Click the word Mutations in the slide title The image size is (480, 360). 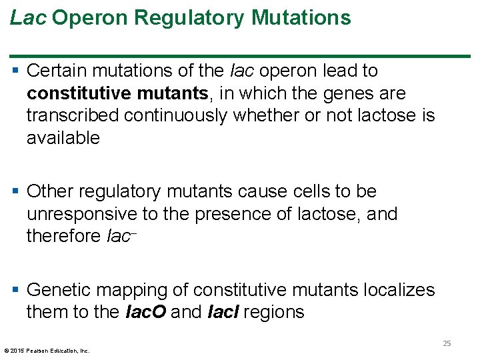point(301,18)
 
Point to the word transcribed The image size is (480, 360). point(73,115)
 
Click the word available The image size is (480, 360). point(63,138)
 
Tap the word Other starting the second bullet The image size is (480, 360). point(50,191)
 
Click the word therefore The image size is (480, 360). point(64,236)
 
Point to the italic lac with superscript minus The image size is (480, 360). point(123,236)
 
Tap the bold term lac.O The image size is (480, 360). point(146,312)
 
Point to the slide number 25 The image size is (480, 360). point(447,343)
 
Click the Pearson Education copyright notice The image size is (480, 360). point(47,350)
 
